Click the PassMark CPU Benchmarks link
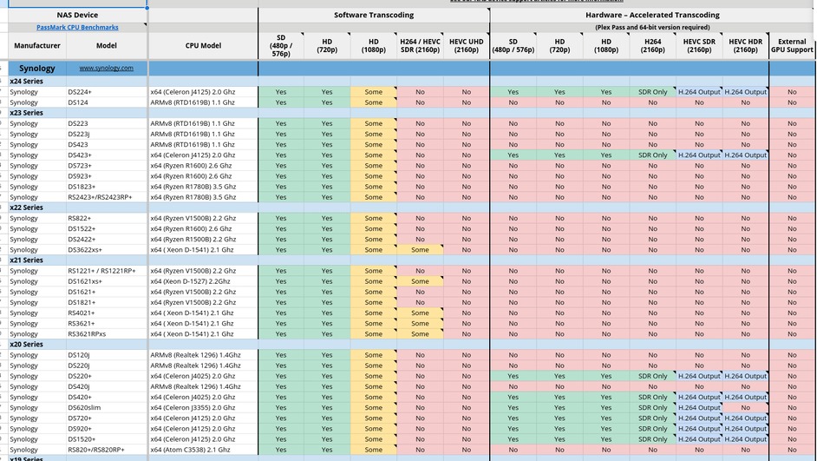[77, 28]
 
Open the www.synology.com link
[107, 68]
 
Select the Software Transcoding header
[374, 15]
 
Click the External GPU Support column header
[792, 45]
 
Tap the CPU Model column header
[203, 46]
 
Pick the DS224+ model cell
[80, 92]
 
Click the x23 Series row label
[26, 113]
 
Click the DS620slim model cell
[85, 407]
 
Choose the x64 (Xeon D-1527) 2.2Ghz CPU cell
[192, 281]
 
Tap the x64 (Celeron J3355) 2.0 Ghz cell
[192, 407]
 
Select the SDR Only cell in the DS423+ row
[652, 155]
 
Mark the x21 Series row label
[26, 260]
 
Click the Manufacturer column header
[37, 46]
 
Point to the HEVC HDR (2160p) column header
[745, 45]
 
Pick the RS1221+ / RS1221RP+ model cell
[101, 271]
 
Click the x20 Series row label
[26, 345]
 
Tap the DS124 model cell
[78, 102]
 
